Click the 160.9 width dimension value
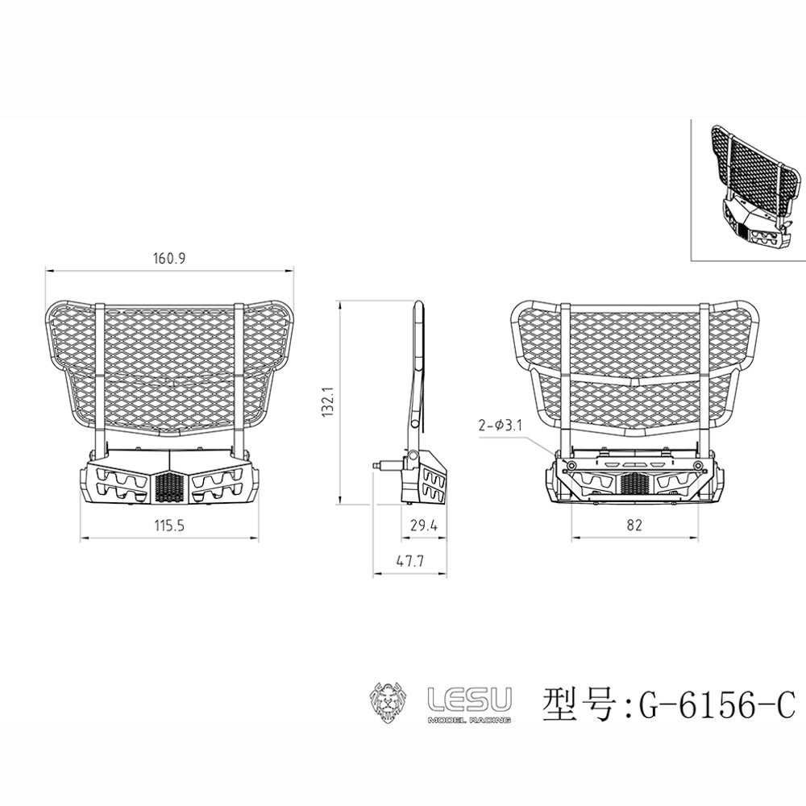coord(169,259)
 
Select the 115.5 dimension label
coord(169,526)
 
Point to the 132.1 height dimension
coord(327,403)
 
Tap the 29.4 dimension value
coord(423,526)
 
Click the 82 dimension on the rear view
coord(634,526)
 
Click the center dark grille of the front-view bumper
coord(169,486)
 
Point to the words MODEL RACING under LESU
coord(468,718)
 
